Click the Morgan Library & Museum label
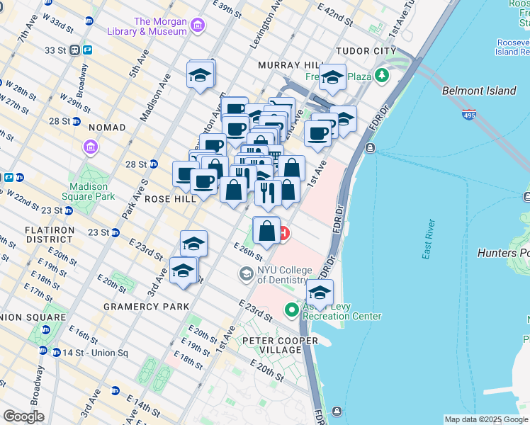coord(147,26)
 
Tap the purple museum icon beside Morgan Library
coord(198,27)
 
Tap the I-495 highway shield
coord(468,113)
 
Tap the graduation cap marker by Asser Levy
coord(320,293)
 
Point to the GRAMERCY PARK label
coord(146,307)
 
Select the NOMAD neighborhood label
coord(108,127)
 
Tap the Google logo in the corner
coord(24,416)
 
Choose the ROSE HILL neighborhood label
coord(170,200)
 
